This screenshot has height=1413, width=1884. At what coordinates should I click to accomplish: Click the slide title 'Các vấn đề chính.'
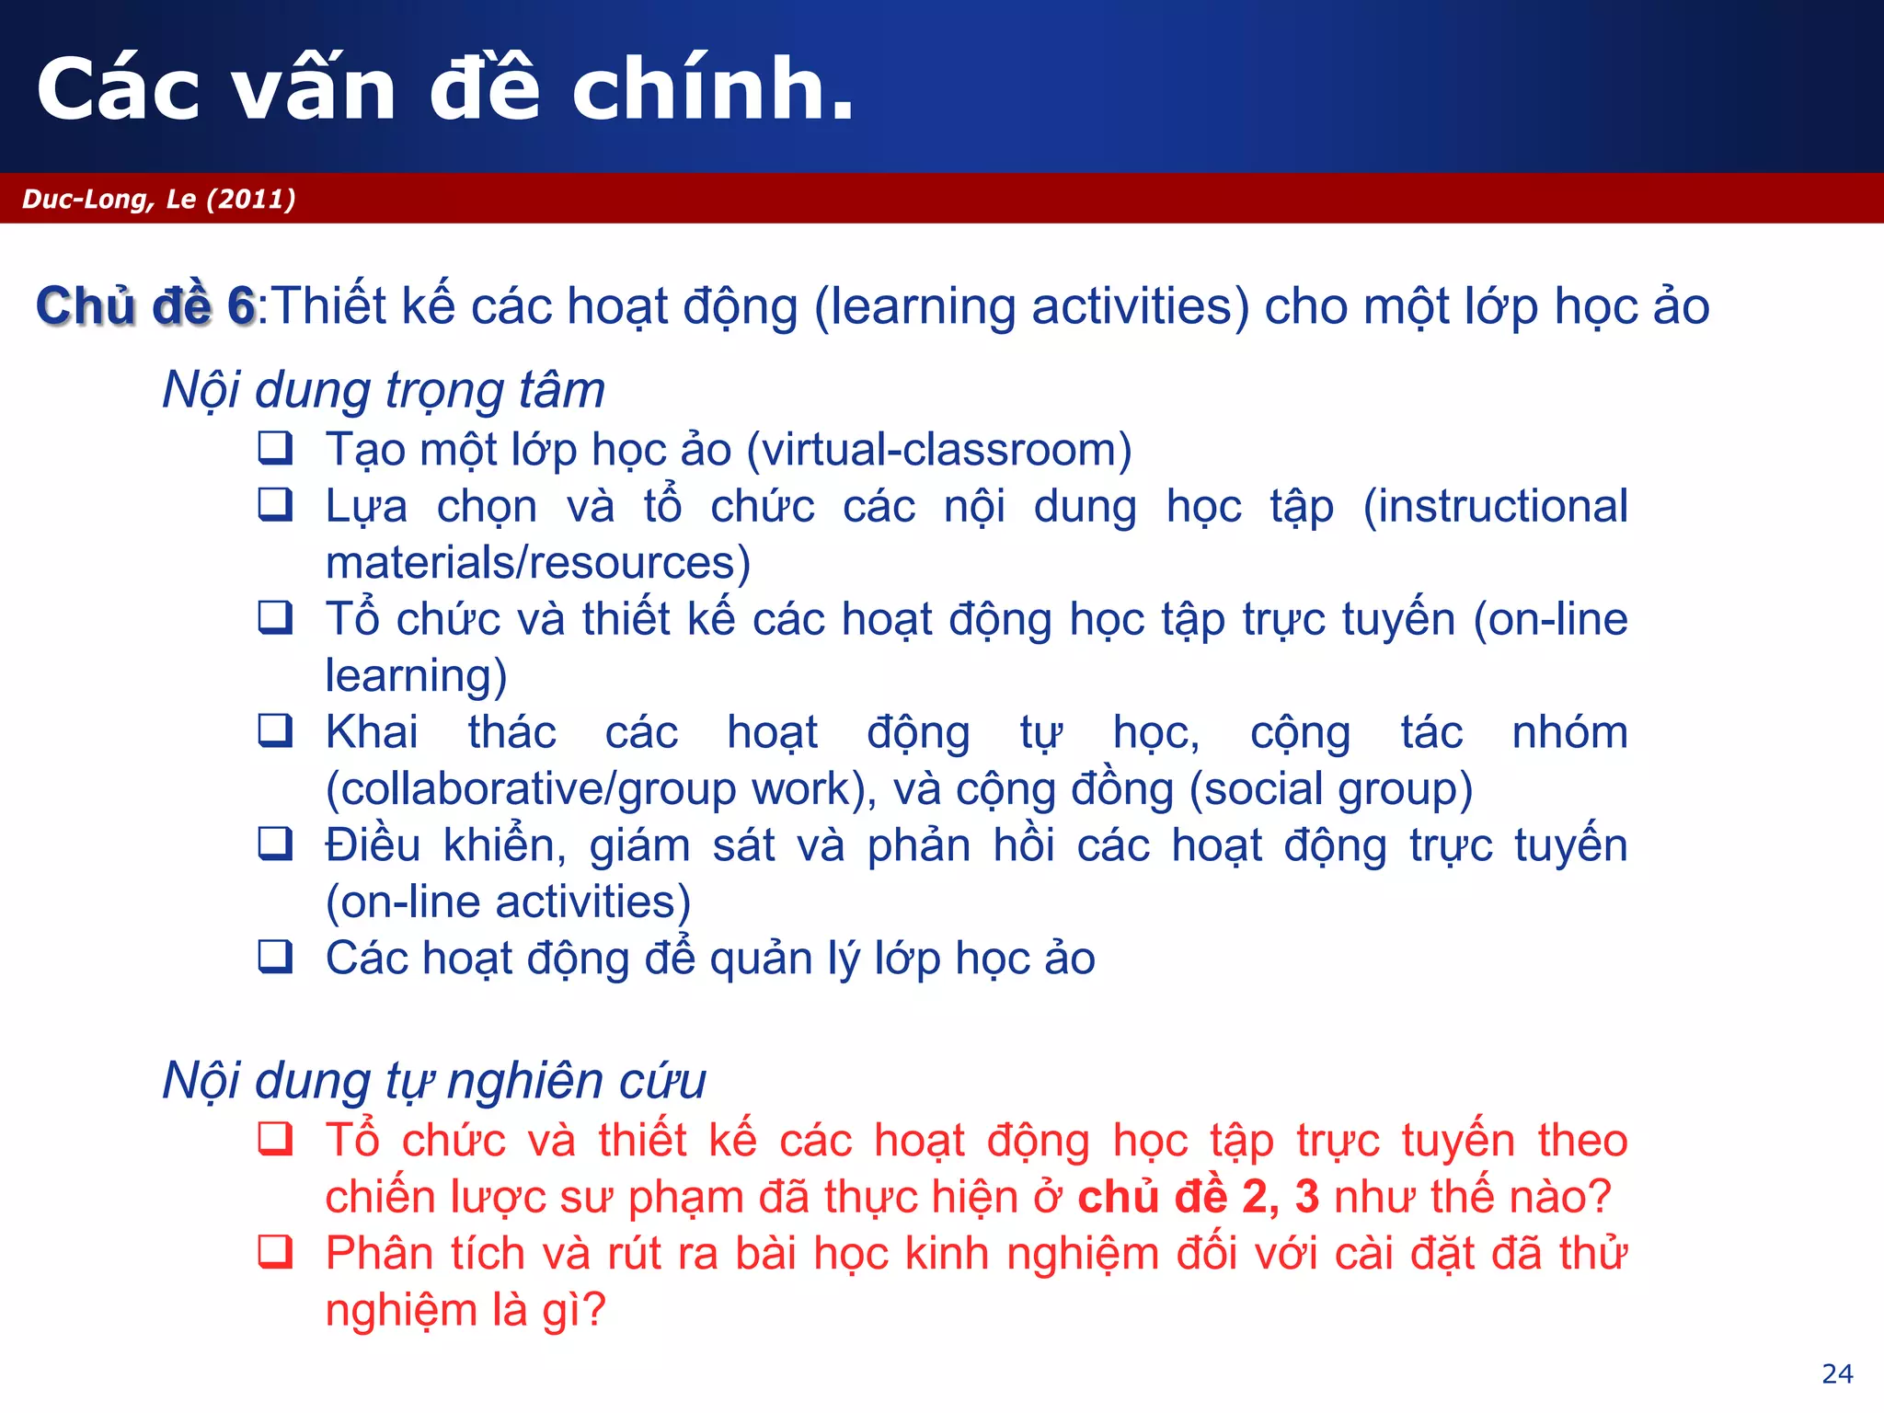pyautogui.click(x=445, y=88)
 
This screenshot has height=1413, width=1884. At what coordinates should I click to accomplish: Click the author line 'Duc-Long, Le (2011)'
pyautogui.click(x=159, y=199)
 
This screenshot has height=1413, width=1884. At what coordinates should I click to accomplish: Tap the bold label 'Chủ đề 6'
pyautogui.click(x=145, y=305)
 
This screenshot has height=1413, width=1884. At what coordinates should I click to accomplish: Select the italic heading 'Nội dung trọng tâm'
pyautogui.click(x=384, y=389)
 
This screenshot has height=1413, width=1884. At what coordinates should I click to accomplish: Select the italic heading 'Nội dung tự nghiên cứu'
pyautogui.click(x=434, y=1080)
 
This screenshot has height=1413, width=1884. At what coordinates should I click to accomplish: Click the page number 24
pyautogui.click(x=1837, y=1373)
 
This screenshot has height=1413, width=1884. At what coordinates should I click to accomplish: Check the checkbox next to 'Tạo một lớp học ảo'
pyautogui.click(x=275, y=448)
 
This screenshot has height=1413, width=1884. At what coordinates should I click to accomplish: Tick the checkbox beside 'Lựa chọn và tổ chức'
pyautogui.click(x=275, y=504)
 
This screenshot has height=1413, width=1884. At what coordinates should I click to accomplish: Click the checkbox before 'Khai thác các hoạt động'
pyautogui.click(x=275, y=730)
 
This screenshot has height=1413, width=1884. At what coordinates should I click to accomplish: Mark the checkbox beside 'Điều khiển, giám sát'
pyautogui.click(x=275, y=844)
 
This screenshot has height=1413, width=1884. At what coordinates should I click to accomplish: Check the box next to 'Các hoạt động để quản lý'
pyautogui.click(x=275, y=957)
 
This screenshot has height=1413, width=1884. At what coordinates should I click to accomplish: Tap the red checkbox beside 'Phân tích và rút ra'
pyautogui.click(x=275, y=1252)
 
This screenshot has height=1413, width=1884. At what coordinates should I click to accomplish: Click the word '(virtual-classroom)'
pyautogui.click(x=938, y=450)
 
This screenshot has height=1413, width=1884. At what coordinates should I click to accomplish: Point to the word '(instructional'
pyautogui.click(x=1495, y=506)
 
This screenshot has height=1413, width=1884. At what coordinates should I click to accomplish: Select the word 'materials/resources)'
pyautogui.click(x=538, y=563)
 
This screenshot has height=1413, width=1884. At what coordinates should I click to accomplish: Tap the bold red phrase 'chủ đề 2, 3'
pyautogui.click(x=1198, y=1197)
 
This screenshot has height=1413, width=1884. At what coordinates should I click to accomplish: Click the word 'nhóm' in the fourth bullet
pyautogui.click(x=1569, y=732)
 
